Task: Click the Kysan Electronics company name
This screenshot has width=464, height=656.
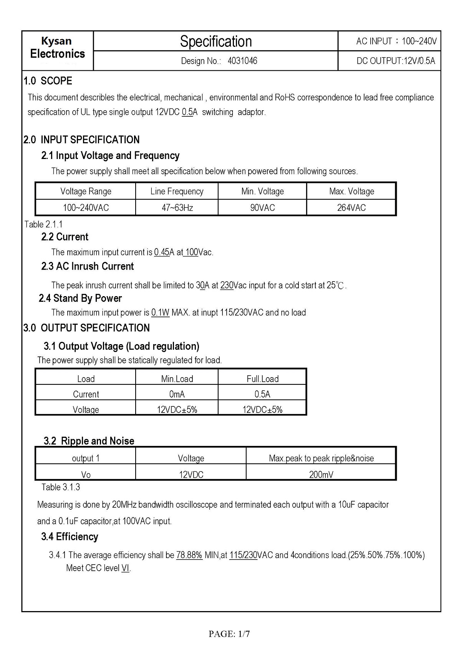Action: pyautogui.click(x=57, y=48)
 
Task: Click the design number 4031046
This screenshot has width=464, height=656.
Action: pyautogui.click(x=242, y=61)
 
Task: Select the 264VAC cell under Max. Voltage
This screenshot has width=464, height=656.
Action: pyautogui.click(x=351, y=208)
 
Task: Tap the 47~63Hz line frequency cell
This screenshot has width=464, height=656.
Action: pyautogui.click(x=177, y=208)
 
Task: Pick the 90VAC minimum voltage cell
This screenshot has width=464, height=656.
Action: pyautogui.click(x=262, y=208)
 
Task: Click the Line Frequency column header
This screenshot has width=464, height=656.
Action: pyautogui.click(x=177, y=191)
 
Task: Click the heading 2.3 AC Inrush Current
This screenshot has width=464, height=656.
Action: pyautogui.click(x=87, y=266)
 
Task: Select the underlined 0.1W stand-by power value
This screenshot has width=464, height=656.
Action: pyautogui.click(x=160, y=313)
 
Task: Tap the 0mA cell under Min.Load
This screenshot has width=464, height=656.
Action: pyautogui.click(x=177, y=394)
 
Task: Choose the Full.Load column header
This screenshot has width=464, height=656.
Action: pyautogui.click(x=262, y=379)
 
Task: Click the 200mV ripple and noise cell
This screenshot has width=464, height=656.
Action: pyautogui.click(x=321, y=475)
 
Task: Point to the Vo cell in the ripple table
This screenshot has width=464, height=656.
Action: pyautogui.click(x=86, y=475)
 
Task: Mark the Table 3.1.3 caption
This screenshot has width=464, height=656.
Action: pyautogui.click(x=61, y=487)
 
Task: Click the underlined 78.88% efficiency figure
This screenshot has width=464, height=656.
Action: pyautogui.click(x=189, y=555)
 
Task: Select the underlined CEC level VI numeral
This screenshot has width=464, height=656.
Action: pyautogui.click(x=125, y=568)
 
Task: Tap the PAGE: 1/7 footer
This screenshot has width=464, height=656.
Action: pyautogui.click(x=229, y=634)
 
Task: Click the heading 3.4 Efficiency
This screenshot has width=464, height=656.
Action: pyautogui.click(x=70, y=537)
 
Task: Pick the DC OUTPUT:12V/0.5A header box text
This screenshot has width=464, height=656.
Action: pyautogui.click(x=396, y=61)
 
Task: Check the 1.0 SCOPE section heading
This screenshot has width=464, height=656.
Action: pyautogui.click(x=48, y=81)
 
